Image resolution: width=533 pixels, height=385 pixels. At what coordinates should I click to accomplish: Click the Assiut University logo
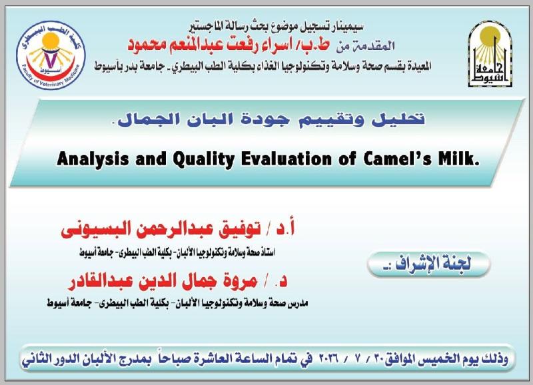click(490, 55)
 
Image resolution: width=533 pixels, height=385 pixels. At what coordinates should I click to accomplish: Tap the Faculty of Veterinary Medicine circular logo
click(51, 55)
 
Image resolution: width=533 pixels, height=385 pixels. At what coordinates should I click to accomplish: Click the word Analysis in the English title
click(93, 159)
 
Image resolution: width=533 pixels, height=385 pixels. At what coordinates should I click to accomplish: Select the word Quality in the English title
click(204, 159)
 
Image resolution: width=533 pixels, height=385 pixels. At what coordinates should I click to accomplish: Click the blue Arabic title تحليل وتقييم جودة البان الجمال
click(270, 119)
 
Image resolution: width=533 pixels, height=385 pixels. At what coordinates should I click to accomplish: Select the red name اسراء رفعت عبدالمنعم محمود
click(229, 45)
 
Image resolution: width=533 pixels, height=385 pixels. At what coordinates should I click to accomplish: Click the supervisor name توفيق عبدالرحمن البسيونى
click(161, 229)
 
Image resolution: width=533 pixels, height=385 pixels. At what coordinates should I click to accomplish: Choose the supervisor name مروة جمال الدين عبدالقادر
click(163, 282)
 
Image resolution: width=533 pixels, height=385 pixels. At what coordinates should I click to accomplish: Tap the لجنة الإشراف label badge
click(428, 264)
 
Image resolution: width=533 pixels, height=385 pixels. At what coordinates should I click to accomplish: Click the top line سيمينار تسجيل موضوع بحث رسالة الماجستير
click(276, 26)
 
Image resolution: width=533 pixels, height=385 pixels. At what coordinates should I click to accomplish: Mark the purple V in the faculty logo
click(51, 59)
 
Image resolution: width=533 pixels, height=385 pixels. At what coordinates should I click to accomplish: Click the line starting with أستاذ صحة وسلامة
click(177, 252)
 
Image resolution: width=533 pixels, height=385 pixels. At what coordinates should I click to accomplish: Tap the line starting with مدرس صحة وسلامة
click(177, 303)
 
